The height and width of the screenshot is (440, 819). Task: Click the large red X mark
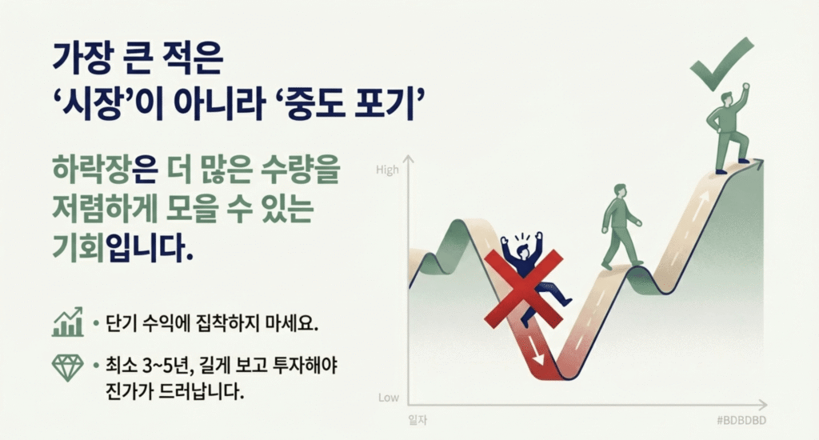pyautogui.click(x=525, y=289)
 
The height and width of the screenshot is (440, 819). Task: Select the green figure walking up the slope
pyautogui.click(x=619, y=226)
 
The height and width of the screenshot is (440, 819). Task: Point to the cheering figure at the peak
pyautogui.click(x=730, y=128)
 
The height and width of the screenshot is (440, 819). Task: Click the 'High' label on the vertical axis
pyautogui.click(x=387, y=170)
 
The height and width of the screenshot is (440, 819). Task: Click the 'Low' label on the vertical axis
pyautogui.click(x=388, y=398)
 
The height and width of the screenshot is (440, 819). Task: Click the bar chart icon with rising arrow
pyautogui.click(x=68, y=322)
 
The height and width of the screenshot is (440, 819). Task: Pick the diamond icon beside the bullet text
pyautogui.click(x=67, y=366)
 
